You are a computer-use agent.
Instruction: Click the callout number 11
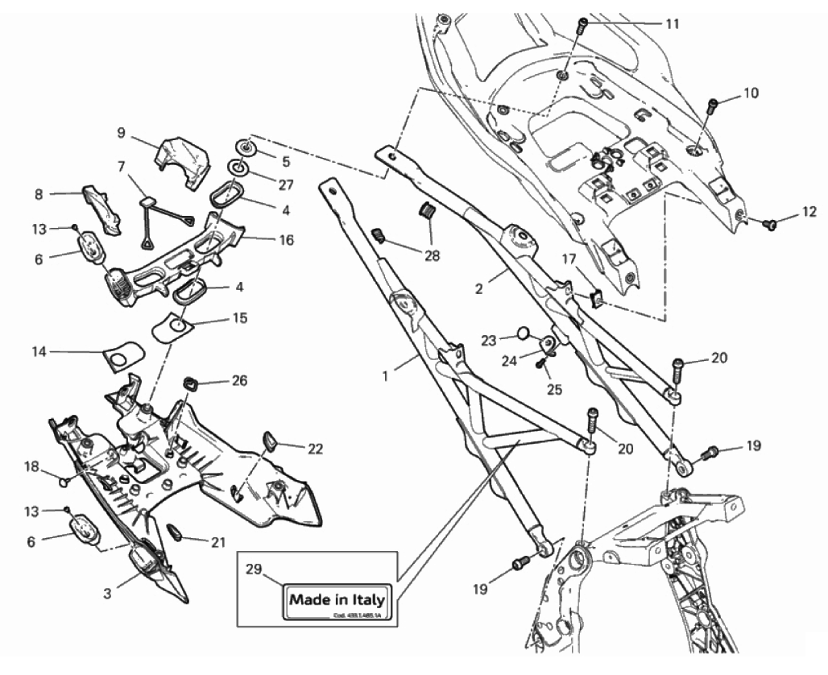coord(671,24)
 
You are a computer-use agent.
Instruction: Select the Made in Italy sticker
coord(337,600)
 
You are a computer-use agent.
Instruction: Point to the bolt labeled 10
coord(713,105)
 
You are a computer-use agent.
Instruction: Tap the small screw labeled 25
coord(541,363)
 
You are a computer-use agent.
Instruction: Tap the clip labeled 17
coord(598,299)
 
